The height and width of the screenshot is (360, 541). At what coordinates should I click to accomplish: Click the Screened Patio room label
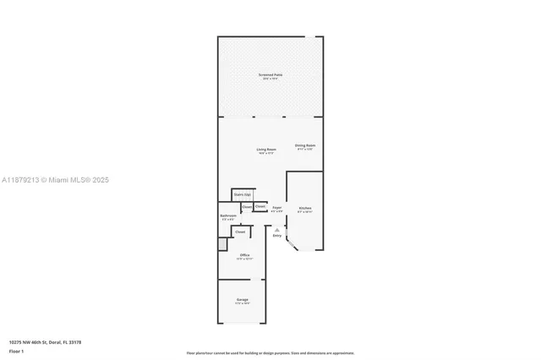coord(270,75)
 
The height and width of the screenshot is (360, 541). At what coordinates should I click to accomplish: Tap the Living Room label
coord(266,150)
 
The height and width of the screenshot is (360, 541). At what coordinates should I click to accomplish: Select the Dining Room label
coord(305,145)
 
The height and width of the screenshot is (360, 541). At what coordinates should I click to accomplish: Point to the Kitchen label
coord(304,208)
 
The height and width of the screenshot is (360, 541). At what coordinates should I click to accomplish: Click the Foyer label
coord(276,206)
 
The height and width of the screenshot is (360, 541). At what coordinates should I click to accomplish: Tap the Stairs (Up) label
coord(242,194)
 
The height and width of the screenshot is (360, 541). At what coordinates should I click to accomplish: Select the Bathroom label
coord(228,215)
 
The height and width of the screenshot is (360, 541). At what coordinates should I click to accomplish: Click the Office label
coord(244,254)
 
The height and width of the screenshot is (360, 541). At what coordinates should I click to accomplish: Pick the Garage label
coord(242,299)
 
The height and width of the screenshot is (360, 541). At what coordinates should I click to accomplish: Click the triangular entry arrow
coord(276,228)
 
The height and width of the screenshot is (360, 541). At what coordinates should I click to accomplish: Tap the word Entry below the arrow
coord(276,236)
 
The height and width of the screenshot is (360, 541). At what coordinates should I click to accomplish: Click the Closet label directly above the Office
coord(240,231)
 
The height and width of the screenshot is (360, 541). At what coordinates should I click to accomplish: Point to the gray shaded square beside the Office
coord(222,244)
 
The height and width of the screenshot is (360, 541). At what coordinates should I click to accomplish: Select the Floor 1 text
coord(16,350)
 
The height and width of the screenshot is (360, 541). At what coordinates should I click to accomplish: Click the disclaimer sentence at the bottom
coord(270,352)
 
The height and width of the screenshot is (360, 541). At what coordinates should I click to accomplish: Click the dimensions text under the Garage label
coord(242,303)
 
